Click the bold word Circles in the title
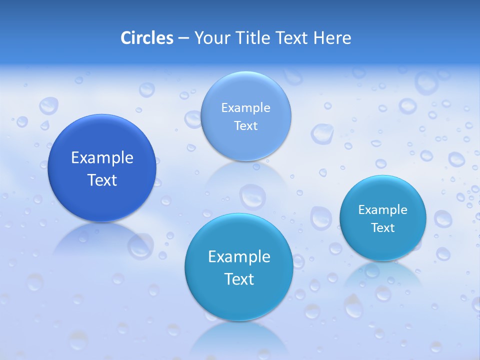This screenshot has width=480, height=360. pyautogui.click(x=147, y=38)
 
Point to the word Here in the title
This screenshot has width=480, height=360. pyautogui.click(x=332, y=38)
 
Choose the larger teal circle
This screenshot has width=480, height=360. pyautogui.click(x=239, y=300)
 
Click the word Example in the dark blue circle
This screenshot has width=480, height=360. pyautogui.click(x=102, y=158)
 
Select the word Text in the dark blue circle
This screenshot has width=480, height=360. pyautogui.click(x=102, y=180)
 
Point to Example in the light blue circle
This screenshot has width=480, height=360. pyautogui.click(x=246, y=107)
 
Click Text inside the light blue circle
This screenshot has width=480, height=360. pyautogui.click(x=246, y=125)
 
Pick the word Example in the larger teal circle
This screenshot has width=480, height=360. pyautogui.click(x=239, y=257)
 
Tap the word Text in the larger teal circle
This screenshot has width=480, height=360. pyautogui.click(x=239, y=279)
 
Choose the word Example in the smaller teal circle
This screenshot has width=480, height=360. pyautogui.click(x=383, y=210)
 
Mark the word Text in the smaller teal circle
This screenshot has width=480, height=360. pyautogui.click(x=383, y=228)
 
